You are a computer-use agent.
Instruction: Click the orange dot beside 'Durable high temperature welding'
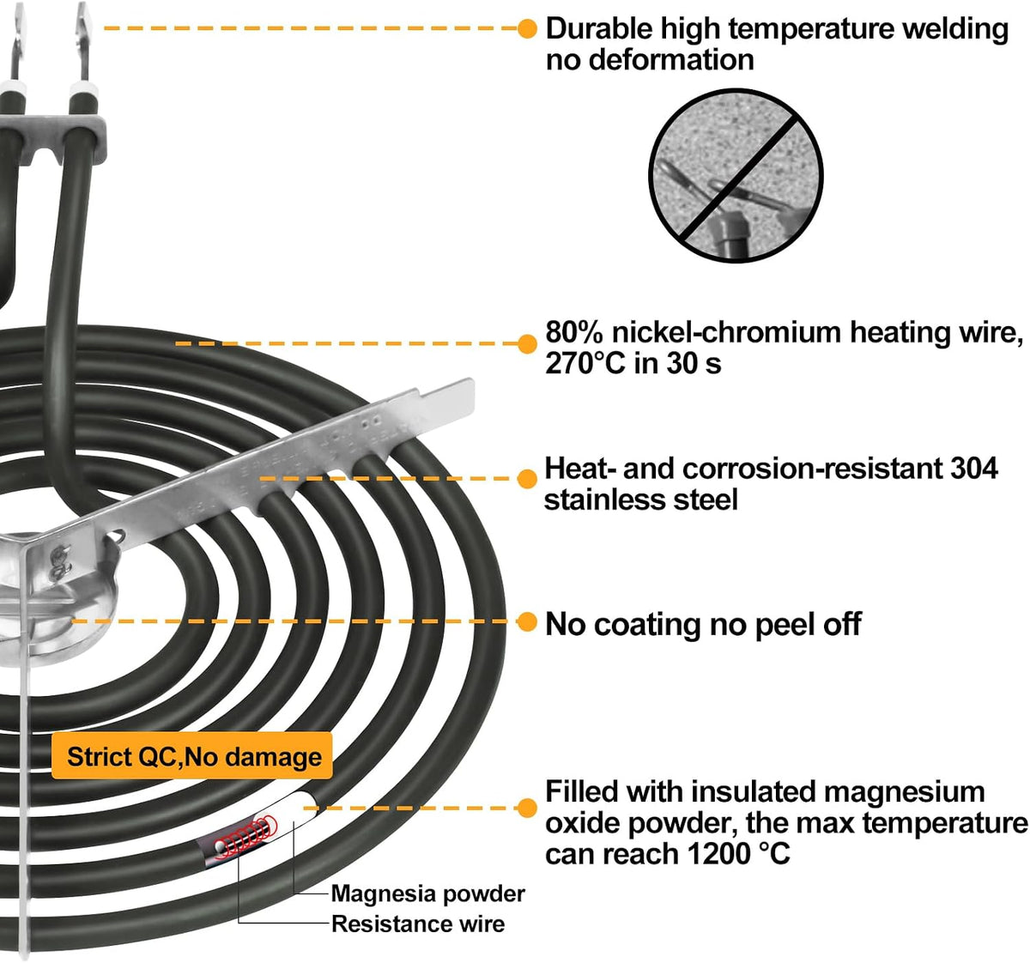coord(528,28)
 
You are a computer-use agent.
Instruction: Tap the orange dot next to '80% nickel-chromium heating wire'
coord(528,343)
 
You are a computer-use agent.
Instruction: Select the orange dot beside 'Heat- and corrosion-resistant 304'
coord(528,478)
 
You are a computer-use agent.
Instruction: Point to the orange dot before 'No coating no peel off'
coord(528,622)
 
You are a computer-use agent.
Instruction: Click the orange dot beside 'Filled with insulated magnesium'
coord(528,808)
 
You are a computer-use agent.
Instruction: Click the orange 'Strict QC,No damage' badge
coord(192,756)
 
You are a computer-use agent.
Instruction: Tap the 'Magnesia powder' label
coord(427,893)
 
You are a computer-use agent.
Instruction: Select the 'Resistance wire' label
coord(418,924)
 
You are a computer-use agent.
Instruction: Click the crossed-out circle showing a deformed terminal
coord(736,175)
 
